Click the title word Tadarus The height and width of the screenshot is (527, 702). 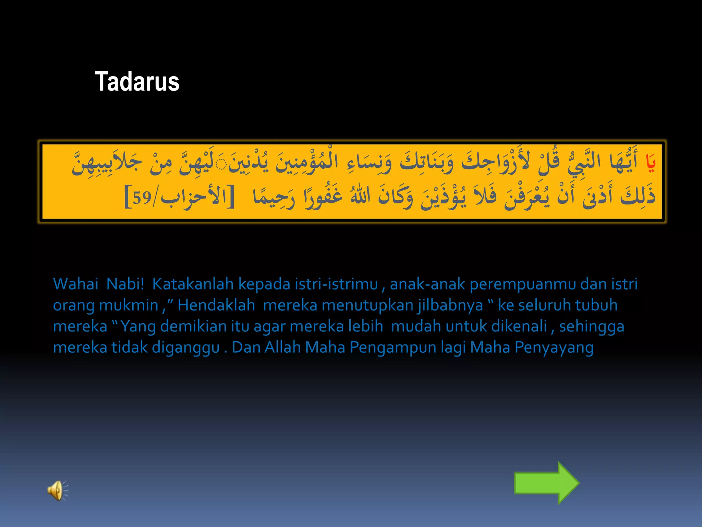137,82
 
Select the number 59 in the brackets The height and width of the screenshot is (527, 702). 142,198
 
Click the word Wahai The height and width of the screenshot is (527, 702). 76,284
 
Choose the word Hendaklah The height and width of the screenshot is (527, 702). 216,305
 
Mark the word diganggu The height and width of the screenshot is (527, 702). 185,348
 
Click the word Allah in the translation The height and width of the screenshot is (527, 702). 282,347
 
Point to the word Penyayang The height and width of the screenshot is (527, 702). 554,348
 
